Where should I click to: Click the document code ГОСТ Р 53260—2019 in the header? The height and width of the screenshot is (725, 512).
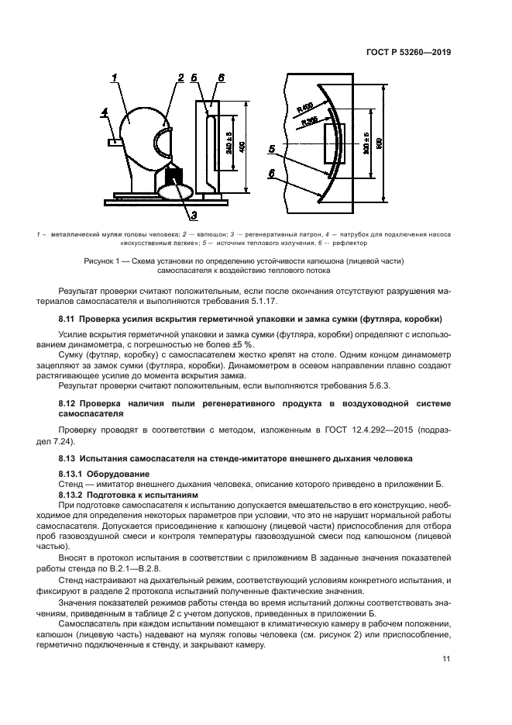(407, 52)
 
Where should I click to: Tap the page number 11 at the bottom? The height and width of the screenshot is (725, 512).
(446, 659)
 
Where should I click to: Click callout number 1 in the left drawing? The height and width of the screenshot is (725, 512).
(114, 76)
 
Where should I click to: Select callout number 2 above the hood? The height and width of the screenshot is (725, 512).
(180, 77)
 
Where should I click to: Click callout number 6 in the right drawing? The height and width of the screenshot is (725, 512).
(273, 175)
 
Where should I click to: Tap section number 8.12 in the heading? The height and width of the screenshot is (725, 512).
(70, 404)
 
